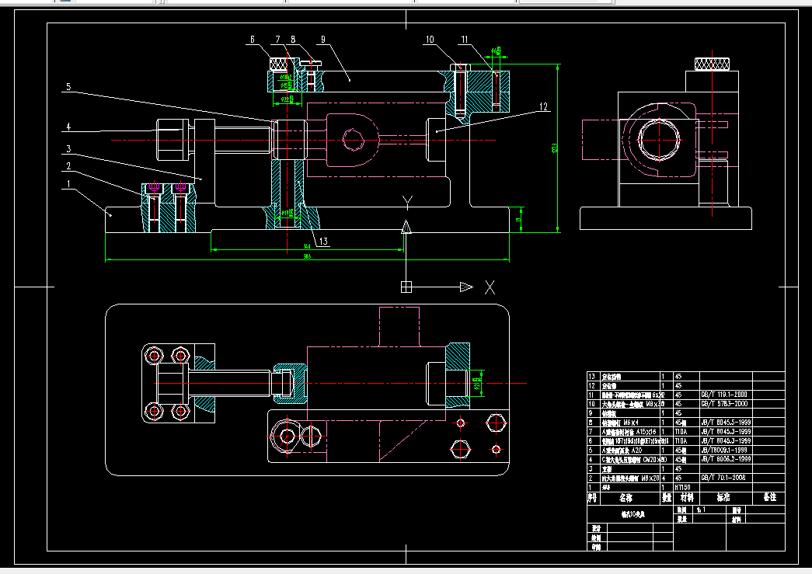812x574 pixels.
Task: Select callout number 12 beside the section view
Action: pyautogui.click(x=543, y=106)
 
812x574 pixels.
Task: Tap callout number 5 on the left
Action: pyautogui.click(x=68, y=88)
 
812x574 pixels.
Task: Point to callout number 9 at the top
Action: pyautogui.click(x=322, y=38)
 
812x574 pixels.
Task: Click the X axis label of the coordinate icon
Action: pyautogui.click(x=490, y=287)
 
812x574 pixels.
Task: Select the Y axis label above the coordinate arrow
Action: pyautogui.click(x=406, y=204)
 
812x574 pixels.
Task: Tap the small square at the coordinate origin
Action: pyautogui.click(x=406, y=287)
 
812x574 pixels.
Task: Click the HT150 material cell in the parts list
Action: pyautogui.click(x=684, y=487)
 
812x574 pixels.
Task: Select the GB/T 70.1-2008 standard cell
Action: pyautogui.click(x=723, y=478)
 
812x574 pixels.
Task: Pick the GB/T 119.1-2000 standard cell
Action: pyautogui.click(x=723, y=395)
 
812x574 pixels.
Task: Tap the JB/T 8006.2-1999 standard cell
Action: pyautogui.click(x=726, y=459)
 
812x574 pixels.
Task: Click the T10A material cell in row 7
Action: pyautogui.click(x=681, y=431)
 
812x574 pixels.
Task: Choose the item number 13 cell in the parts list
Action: pyautogui.click(x=592, y=376)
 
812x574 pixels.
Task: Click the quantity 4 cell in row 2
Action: pyautogui.click(x=664, y=478)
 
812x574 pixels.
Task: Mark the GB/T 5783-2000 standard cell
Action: pyautogui.click(x=723, y=404)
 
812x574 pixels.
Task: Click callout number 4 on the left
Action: pyautogui.click(x=68, y=126)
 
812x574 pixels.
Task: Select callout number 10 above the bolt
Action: pyautogui.click(x=430, y=38)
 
